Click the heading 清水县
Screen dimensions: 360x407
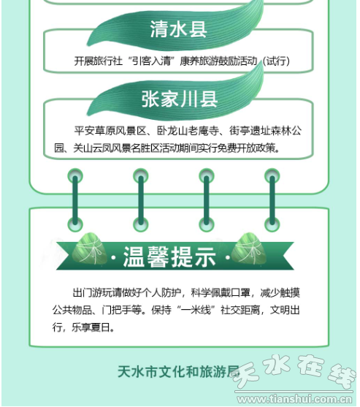pyautogui.click(x=178, y=28)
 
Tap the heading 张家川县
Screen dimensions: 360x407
pyautogui.click(x=180, y=99)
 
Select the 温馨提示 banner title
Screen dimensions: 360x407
pyautogui.click(x=169, y=256)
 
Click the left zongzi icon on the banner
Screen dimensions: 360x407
pyautogui.click(x=89, y=248)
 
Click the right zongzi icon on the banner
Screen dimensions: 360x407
pyautogui.click(x=249, y=248)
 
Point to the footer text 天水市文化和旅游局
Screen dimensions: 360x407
pyautogui.click(x=178, y=372)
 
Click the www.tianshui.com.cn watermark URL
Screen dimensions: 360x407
pyautogui.click(x=294, y=399)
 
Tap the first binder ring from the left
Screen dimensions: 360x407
pyautogui.click(x=75, y=200)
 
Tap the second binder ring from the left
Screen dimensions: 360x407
pyautogui.click(x=141, y=200)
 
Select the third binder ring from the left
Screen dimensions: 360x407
pyautogui.click(x=207, y=200)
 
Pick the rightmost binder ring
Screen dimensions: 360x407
pyautogui.click(x=272, y=200)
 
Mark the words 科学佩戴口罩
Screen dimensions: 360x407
pyautogui.click(x=221, y=293)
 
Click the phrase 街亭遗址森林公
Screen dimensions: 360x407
pyautogui.click(x=265, y=131)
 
